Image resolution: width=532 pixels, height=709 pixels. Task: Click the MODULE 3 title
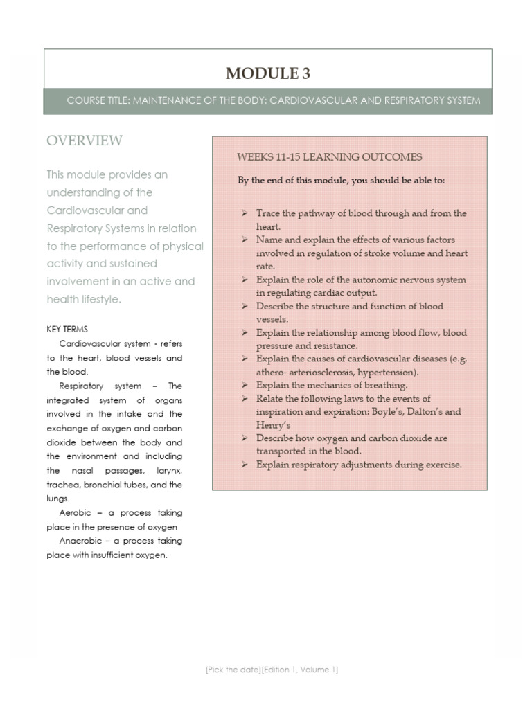[x=267, y=73]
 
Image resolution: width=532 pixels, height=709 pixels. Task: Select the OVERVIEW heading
[x=85, y=141]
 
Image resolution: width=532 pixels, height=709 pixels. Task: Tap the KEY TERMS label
[x=67, y=330]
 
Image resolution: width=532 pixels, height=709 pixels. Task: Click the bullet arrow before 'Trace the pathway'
[x=245, y=213]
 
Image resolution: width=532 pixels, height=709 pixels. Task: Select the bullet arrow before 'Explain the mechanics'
[x=245, y=385]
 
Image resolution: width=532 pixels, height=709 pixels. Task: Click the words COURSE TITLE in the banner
[x=97, y=101]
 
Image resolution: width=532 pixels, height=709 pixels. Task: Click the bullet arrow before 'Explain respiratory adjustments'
[x=245, y=465]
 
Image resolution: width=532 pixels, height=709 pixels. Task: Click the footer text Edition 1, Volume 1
[x=301, y=670]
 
